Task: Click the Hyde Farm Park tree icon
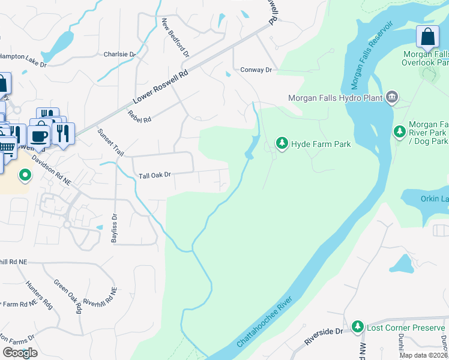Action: click(x=282, y=143)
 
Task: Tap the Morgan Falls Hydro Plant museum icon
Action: click(x=392, y=97)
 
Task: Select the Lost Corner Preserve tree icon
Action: click(x=358, y=326)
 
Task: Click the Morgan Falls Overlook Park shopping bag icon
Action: click(x=427, y=37)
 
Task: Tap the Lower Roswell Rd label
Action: click(x=160, y=87)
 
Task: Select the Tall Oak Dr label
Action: click(x=155, y=175)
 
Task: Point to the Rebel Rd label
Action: click(x=139, y=116)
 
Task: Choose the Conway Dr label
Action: click(x=256, y=70)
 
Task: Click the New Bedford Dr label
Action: click(x=175, y=37)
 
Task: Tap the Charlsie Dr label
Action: click(x=120, y=54)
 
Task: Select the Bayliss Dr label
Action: click(x=114, y=227)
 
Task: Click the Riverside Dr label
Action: click(x=323, y=336)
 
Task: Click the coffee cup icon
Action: click(x=40, y=134)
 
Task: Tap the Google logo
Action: click(x=20, y=353)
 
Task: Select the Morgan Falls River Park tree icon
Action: click(x=399, y=131)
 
